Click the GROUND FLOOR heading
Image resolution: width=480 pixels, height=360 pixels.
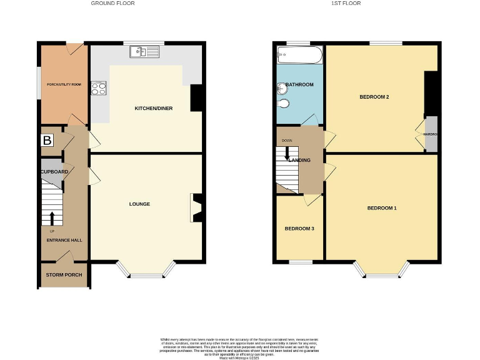(x=112, y=3)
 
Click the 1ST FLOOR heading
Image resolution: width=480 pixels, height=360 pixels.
(x=346, y=3)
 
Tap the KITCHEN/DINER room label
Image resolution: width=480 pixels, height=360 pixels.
(x=154, y=109)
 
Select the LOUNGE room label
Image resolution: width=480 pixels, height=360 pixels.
(x=139, y=204)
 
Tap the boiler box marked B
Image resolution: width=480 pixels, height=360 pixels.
(x=47, y=141)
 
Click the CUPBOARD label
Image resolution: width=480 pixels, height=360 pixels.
(x=54, y=172)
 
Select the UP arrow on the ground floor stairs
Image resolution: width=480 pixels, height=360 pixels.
(x=52, y=217)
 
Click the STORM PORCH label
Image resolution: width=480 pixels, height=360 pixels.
(x=64, y=275)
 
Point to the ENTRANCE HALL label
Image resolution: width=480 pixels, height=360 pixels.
(x=64, y=240)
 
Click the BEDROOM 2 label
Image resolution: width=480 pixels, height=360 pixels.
(x=374, y=97)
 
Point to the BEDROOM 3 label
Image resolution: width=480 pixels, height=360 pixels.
(x=299, y=229)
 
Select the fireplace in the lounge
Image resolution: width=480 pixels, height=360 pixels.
(x=196, y=208)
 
